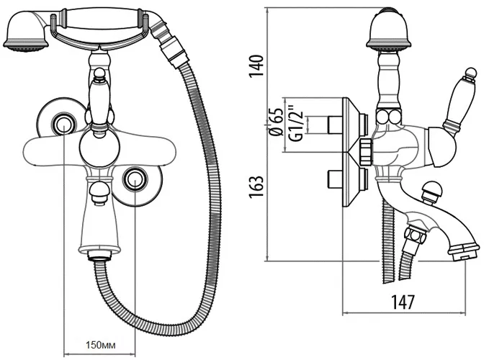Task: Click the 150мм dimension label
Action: [x=101, y=346]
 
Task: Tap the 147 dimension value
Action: [x=403, y=302]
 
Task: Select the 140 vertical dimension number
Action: [x=256, y=67]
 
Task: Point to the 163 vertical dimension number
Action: [x=256, y=186]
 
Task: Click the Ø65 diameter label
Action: [x=276, y=122]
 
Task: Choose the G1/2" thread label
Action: [x=295, y=123]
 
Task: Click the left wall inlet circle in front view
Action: [x=64, y=125]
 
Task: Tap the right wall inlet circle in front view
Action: [x=135, y=179]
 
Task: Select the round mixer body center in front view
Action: [x=99, y=149]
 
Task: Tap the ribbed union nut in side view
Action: [x=367, y=152]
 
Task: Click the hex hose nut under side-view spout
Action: [x=415, y=235]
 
